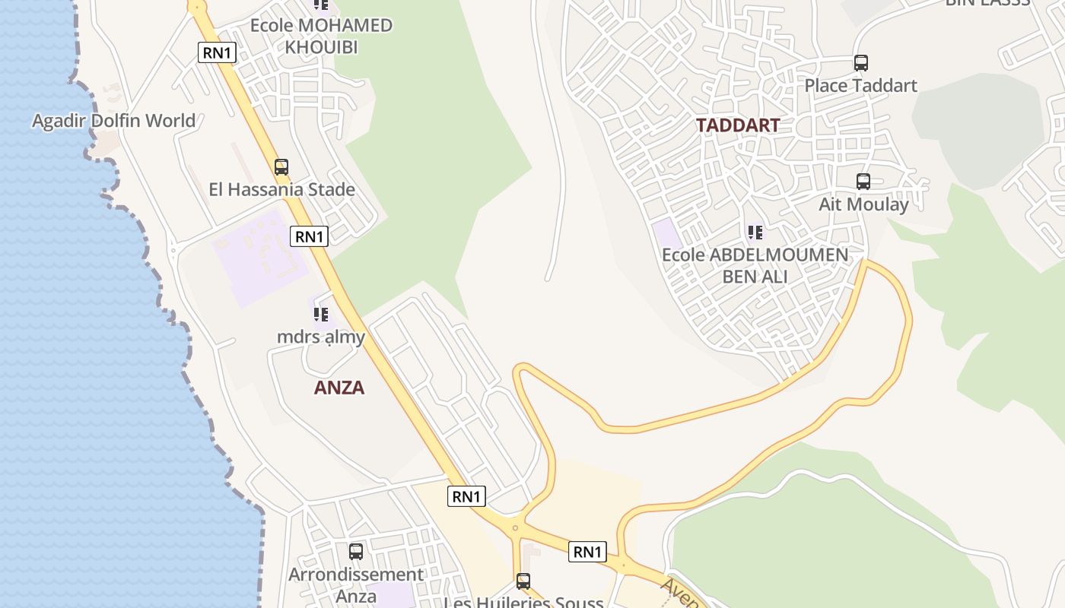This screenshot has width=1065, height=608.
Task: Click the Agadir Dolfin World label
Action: click(113, 121)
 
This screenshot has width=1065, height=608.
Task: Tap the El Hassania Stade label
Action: click(281, 189)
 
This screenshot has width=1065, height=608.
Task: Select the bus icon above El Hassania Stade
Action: click(281, 167)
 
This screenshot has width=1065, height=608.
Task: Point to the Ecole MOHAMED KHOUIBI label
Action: click(321, 36)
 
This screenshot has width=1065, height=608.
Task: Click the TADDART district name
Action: click(738, 125)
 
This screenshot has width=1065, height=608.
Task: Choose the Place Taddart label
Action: click(860, 85)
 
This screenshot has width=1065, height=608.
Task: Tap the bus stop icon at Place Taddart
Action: click(860, 63)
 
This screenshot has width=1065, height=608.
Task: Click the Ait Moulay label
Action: click(863, 204)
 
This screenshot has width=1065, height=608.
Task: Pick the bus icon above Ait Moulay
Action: click(863, 182)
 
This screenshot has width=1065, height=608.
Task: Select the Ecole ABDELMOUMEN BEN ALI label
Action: click(755, 265)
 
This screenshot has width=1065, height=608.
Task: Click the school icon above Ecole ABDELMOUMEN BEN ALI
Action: click(755, 232)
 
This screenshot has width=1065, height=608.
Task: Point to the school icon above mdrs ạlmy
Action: click(321, 314)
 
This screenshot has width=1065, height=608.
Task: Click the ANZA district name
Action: click(339, 388)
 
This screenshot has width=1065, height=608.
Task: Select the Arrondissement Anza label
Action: click(356, 584)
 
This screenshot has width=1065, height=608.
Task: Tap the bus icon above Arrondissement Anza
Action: click(356, 552)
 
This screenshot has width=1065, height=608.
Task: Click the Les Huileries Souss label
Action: click(523, 603)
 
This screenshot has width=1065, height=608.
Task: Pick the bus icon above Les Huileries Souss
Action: click(523, 581)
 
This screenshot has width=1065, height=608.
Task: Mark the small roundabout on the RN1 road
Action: click(515, 527)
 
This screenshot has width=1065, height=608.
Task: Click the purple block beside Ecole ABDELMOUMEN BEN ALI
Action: click(667, 233)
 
